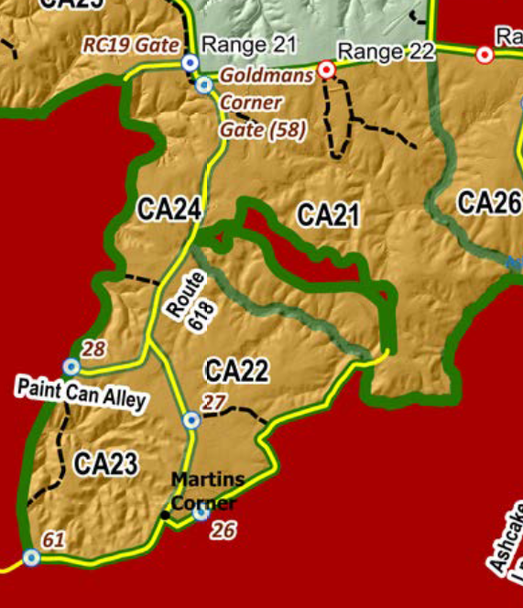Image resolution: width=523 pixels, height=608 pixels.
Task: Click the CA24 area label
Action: [x=169, y=210]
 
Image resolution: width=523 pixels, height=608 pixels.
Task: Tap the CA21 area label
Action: [x=328, y=216]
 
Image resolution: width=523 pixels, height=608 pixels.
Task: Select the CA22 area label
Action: [x=236, y=372]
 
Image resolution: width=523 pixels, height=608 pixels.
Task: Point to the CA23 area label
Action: [x=105, y=464]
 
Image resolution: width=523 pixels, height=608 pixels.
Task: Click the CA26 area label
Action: [x=489, y=203]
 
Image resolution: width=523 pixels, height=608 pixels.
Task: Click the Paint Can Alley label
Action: [x=81, y=393]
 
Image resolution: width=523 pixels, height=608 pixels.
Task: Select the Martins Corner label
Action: [x=207, y=491]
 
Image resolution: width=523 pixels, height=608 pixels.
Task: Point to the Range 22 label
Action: [x=386, y=51]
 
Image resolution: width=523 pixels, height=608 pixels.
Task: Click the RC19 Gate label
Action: [x=129, y=44]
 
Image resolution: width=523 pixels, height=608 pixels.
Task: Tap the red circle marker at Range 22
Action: [x=326, y=70]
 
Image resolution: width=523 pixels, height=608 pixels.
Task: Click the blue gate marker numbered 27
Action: [x=191, y=420]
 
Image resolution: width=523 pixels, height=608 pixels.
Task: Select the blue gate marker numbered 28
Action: [x=71, y=367]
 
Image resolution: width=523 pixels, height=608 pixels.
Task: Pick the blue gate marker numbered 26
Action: [x=202, y=513]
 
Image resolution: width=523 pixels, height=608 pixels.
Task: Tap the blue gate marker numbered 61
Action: [x=32, y=557]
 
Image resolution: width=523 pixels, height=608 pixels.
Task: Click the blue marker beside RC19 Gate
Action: [x=190, y=62]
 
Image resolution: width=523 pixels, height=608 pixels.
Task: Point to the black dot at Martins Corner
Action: [x=166, y=516]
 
